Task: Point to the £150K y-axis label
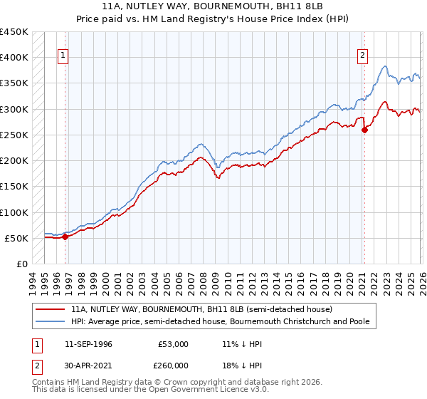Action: click(14, 187)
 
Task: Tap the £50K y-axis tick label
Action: click(17, 238)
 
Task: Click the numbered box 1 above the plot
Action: click(63, 55)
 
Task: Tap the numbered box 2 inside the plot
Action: click(363, 55)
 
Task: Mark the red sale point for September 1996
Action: click(65, 237)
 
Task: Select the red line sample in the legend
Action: click(50, 309)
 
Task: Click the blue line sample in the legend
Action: click(50, 321)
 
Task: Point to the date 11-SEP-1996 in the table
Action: click(88, 344)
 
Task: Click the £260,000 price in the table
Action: click(174, 366)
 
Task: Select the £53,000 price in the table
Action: click(174, 344)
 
